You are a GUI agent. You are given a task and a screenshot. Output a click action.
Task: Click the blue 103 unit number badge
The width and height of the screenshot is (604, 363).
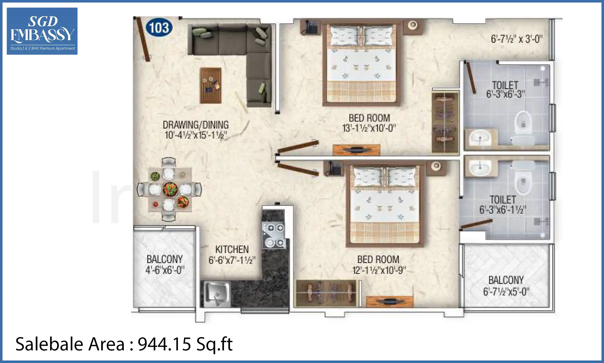click(159, 27)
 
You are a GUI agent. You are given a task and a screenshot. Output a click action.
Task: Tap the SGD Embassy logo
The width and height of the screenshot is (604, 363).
click(42, 31)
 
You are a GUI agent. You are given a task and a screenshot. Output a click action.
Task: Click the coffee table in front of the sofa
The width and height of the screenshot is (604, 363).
click(211, 85)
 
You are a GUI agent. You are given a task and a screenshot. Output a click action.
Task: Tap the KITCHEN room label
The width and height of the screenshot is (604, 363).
click(232, 250)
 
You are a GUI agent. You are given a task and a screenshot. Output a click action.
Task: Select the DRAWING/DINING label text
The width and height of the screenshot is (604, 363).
click(196, 125)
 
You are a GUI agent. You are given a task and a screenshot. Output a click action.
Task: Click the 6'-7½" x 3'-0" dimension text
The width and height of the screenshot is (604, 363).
click(516, 39)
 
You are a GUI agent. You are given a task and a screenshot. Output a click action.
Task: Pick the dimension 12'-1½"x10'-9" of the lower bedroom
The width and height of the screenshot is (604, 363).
click(379, 270)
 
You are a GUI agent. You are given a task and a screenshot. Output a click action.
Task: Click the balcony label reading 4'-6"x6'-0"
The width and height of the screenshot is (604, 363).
click(165, 270)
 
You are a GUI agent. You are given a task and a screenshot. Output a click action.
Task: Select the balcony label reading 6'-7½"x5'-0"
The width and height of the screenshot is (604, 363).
click(506, 292)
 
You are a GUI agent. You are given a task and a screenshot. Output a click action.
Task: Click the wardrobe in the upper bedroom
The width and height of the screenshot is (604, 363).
click(445, 123)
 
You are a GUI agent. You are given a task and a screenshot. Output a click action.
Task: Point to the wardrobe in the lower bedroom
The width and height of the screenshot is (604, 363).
click(326, 293)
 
